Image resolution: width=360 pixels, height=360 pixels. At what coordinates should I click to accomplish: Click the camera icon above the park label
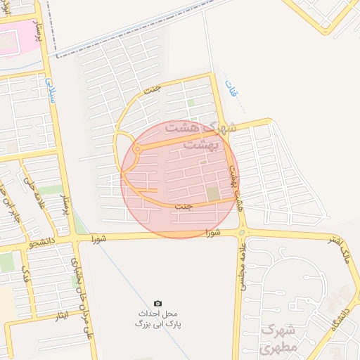[x=157, y=302]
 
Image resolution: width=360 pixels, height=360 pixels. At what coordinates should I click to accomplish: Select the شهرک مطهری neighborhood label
[x=279, y=338]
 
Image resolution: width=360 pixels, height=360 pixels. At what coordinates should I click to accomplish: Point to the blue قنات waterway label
[x=229, y=89]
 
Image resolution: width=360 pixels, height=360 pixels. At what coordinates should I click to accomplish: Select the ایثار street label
[x=61, y=317]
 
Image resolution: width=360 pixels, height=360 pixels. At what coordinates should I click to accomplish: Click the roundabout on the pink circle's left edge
[x=137, y=148]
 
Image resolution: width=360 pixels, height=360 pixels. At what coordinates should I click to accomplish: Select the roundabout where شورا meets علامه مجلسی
[x=242, y=232]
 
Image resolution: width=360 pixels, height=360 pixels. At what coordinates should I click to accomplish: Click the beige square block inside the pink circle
[x=212, y=193]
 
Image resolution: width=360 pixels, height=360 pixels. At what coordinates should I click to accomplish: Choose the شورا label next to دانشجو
[x=101, y=239]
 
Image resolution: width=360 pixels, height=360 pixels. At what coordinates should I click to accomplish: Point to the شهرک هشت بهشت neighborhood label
[x=194, y=136]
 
